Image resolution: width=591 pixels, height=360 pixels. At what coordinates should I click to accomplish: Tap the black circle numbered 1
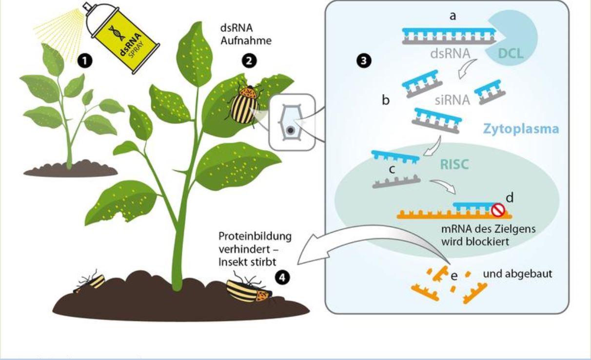point(85,61)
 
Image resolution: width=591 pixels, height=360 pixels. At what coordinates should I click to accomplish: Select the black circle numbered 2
point(249,61)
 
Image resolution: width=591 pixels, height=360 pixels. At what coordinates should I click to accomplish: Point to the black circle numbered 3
point(364,61)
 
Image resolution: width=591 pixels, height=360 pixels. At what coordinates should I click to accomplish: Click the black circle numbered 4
point(282,278)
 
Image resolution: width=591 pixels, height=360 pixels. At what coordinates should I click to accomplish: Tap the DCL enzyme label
point(511,54)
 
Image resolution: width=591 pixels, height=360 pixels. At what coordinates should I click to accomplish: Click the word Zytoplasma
point(521,129)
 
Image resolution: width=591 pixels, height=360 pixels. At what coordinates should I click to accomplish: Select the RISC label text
point(454,164)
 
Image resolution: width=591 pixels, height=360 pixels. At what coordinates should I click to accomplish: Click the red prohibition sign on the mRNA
point(498,210)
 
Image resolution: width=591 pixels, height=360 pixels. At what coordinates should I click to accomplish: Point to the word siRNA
point(452,100)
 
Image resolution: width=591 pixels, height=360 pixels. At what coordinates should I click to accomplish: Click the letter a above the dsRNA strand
point(453,16)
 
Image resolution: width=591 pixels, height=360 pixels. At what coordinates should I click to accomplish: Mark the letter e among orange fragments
point(454,276)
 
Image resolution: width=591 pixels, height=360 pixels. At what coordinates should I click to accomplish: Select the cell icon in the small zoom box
point(291,122)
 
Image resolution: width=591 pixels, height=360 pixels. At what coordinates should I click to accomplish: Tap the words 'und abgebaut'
point(517,274)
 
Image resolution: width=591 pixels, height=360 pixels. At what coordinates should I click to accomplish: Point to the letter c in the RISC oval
point(392,169)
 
